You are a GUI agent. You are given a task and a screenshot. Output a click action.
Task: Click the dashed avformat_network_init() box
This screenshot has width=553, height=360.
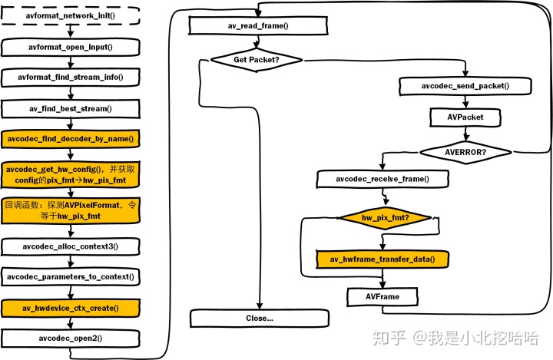coord(71,16)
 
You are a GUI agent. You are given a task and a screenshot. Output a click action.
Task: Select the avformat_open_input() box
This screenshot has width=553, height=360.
coord(71,47)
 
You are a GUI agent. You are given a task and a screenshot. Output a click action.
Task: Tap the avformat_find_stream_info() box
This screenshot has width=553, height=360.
coord(71,78)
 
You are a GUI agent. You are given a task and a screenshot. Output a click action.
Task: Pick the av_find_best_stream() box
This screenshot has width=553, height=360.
coord(71,108)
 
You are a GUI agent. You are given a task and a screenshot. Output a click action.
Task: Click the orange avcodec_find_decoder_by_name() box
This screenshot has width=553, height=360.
coord(71,139)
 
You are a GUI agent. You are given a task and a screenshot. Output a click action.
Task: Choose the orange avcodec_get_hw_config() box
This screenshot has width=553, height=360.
coord(71,173)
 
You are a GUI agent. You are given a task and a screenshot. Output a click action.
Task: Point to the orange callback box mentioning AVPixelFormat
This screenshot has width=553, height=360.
coord(71,210)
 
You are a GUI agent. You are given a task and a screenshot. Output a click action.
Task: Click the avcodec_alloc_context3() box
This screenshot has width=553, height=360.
coord(71,246)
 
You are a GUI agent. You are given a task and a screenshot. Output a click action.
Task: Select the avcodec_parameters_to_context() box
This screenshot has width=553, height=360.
coord(71,276)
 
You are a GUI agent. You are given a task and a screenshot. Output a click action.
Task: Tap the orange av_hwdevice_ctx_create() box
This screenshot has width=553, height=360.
coord(71,308)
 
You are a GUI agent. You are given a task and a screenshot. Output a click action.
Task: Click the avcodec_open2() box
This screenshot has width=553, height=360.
coord(71,338)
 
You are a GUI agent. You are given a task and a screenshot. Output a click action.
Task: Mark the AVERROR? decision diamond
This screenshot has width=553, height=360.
coord(465,151)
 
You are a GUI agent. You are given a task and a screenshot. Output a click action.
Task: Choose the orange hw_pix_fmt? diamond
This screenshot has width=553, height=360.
coord(385,218)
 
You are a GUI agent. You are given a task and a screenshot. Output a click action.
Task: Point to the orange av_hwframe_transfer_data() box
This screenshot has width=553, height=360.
coord(382,259)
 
